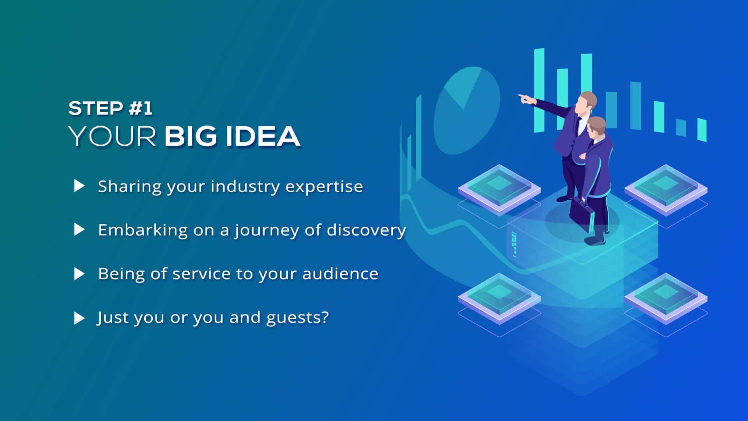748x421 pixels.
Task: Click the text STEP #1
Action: coord(110,108)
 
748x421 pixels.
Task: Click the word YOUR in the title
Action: coord(112,136)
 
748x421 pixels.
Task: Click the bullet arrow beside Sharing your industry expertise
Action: coord(79,186)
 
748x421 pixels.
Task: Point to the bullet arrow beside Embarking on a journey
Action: coord(79,230)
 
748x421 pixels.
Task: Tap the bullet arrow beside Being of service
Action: coord(79,274)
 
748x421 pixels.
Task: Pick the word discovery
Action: coord(366,230)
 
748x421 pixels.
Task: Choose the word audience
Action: coord(340,274)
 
